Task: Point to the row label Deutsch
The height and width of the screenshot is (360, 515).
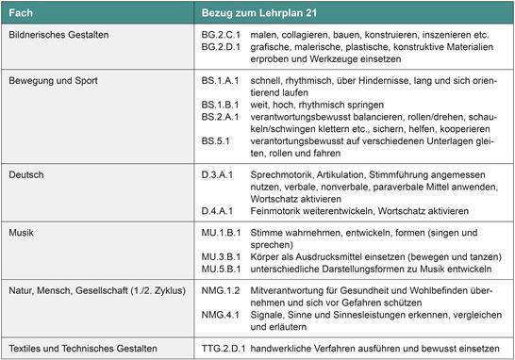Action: point(25,175)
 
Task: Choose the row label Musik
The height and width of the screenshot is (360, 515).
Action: point(21,232)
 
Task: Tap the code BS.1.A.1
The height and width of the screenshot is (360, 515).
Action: point(222,81)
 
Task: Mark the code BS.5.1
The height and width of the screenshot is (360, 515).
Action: point(216,139)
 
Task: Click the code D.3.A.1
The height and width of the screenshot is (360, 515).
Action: point(220,175)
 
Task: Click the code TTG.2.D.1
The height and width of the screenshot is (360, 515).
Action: point(224,346)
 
